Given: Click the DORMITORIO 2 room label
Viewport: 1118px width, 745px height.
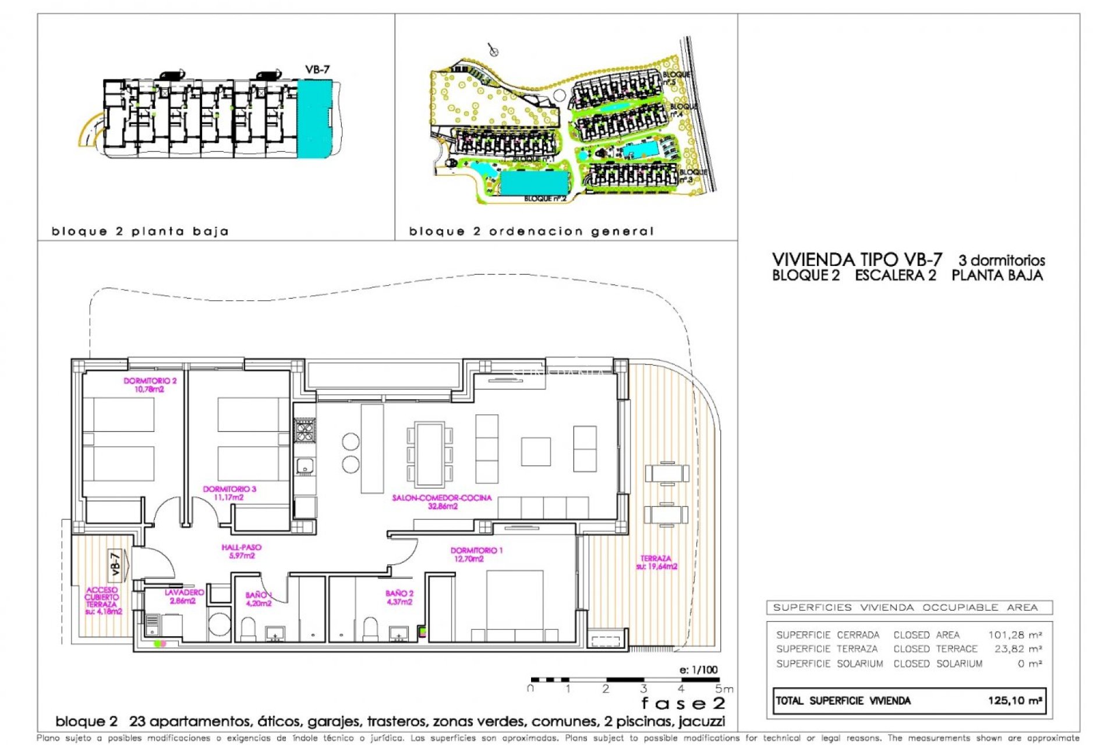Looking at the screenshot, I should [x=150, y=385].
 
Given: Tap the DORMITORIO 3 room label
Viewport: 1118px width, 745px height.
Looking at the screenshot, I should [x=229, y=493].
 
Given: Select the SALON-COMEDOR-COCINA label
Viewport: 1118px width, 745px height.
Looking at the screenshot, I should [x=442, y=502].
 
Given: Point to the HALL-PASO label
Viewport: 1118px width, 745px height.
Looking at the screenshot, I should [x=242, y=551].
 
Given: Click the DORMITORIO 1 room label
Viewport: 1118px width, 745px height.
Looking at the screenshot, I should [x=476, y=554].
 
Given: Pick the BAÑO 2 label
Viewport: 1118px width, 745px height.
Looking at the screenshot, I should [x=399, y=597].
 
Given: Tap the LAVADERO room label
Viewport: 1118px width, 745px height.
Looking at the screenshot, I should [x=184, y=596].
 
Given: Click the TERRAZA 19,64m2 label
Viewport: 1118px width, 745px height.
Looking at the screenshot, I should [x=656, y=562].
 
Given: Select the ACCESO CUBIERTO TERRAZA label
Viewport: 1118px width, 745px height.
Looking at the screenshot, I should [x=103, y=601].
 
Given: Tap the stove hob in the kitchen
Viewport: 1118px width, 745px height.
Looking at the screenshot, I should [x=305, y=431].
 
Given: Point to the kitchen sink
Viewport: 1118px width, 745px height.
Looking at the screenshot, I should [x=305, y=466].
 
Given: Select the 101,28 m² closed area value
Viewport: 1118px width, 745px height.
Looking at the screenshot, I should [x=1014, y=635].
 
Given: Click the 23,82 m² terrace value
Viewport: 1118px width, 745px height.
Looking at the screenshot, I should [x=1017, y=649].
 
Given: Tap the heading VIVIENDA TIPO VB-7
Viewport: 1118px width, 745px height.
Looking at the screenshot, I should [x=857, y=260].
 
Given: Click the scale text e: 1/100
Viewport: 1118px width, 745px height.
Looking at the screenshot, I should [x=698, y=670].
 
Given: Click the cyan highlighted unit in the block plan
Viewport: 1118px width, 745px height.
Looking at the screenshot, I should [x=314, y=118].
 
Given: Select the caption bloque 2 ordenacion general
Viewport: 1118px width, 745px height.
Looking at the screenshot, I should [x=531, y=232].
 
